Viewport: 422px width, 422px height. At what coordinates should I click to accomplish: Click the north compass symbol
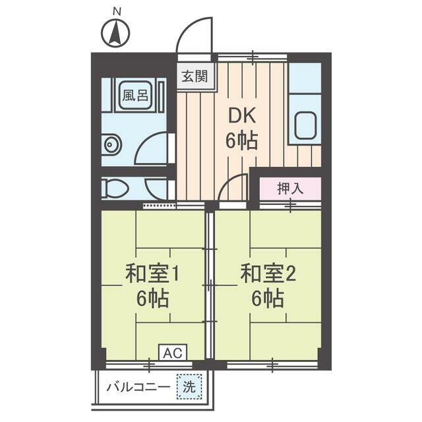116,34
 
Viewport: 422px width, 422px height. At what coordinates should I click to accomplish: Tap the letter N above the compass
117,12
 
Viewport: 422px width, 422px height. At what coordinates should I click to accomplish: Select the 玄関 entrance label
195,76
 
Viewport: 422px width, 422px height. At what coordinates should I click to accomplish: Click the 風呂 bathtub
135,95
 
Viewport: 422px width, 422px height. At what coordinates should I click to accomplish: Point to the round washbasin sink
110,144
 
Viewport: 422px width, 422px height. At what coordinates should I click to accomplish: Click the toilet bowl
115,188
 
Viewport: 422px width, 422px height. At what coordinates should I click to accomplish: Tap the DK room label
242,116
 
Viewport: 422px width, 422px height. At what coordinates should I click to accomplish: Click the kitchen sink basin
305,125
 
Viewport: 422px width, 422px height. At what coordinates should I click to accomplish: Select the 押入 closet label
291,188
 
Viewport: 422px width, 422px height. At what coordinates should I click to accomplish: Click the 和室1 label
152,274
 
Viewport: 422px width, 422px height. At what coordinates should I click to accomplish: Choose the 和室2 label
268,274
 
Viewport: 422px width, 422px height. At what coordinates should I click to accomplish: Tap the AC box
173,352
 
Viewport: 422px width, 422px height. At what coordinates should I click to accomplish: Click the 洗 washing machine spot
189,387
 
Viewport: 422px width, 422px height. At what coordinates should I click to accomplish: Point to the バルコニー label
138,388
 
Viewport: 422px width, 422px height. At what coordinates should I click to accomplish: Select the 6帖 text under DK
242,141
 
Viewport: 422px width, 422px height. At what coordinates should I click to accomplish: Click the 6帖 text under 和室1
152,298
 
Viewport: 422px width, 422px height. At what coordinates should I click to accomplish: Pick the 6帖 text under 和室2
268,298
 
